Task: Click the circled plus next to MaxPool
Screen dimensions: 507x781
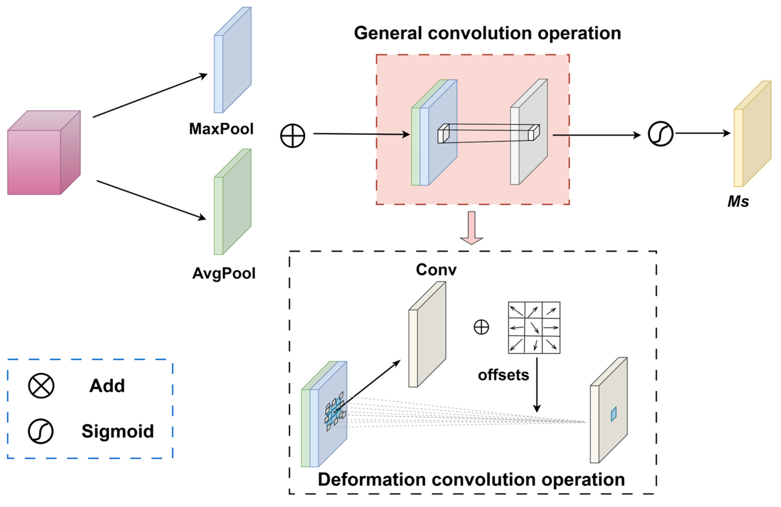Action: (x=292, y=135)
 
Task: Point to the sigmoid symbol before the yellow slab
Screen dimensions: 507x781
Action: (x=661, y=134)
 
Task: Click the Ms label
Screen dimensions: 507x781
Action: (x=738, y=201)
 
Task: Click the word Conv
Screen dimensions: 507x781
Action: (x=436, y=270)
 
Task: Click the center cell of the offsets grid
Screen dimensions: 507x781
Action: (x=534, y=327)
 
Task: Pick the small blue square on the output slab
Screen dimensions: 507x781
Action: (x=614, y=414)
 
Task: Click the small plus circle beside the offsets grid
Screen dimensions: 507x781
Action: (x=481, y=327)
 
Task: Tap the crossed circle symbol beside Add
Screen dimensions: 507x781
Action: (x=41, y=386)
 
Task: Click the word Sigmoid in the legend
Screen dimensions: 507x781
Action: (x=118, y=431)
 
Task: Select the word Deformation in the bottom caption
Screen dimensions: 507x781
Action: (x=371, y=479)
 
